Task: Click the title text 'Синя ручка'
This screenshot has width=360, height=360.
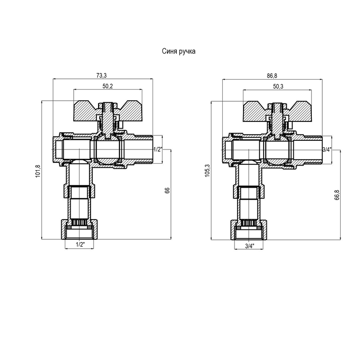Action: click(179, 51)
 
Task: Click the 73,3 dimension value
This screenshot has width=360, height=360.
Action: click(102, 75)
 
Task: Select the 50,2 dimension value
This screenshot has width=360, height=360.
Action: click(108, 86)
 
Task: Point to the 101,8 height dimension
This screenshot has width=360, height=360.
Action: click(38, 171)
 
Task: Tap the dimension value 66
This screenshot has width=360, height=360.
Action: click(167, 190)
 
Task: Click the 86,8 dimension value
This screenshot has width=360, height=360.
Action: click(272, 76)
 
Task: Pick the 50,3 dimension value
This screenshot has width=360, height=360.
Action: click(278, 86)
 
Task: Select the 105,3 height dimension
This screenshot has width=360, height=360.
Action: click(207, 171)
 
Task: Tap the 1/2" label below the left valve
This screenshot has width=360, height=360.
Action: click(81, 244)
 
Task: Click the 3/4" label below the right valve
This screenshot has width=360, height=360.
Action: click(250, 246)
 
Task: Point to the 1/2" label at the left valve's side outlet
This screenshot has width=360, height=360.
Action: click(158, 149)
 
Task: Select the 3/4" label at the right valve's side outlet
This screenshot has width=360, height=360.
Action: click(327, 150)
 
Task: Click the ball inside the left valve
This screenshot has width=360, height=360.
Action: click(108, 149)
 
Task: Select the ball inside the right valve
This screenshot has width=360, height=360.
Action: click(277, 150)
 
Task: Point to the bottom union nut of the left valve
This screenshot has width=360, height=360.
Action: click(79, 229)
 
